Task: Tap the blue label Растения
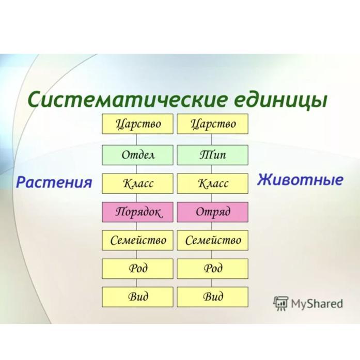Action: (x=54, y=183)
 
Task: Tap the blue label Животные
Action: (x=300, y=180)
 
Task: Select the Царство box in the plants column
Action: (x=137, y=124)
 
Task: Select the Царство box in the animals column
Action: (x=213, y=124)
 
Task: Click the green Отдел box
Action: (x=137, y=155)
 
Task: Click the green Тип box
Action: (x=213, y=155)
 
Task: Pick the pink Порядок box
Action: (x=137, y=212)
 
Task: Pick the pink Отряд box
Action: (x=213, y=212)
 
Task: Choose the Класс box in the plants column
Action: (x=137, y=183)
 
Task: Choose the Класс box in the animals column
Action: (x=213, y=183)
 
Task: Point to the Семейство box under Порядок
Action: (x=137, y=240)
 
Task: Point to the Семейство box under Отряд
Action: (x=213, y=240)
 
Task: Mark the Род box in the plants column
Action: (x=137, y=269)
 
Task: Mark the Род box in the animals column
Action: (x=213, y=269)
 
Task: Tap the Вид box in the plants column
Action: (x=137, y=297)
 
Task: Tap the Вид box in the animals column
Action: (x=213, y=297)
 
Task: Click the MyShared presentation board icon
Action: (x=280, y=303)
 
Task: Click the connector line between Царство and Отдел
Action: (x=136, y=139)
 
